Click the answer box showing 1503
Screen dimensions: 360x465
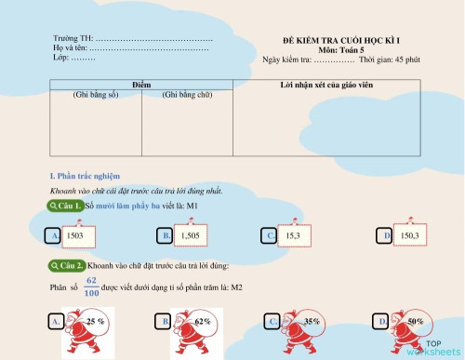coord(76,236)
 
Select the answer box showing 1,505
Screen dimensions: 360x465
coord(190,236)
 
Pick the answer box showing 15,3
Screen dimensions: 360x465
coord(292,236)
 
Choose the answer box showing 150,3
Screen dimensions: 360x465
coord(409,236)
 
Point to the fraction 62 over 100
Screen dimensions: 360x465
coord(91,287)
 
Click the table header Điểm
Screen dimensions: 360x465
coord(141,85)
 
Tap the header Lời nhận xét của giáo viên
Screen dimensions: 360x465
coord(327,85)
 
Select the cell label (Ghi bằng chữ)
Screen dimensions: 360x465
coord(187,95)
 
